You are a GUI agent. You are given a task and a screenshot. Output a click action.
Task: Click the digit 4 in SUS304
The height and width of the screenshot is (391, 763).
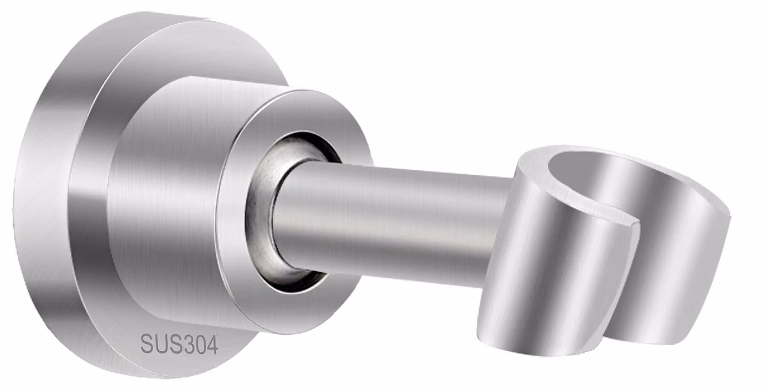(x=211, y=346)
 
